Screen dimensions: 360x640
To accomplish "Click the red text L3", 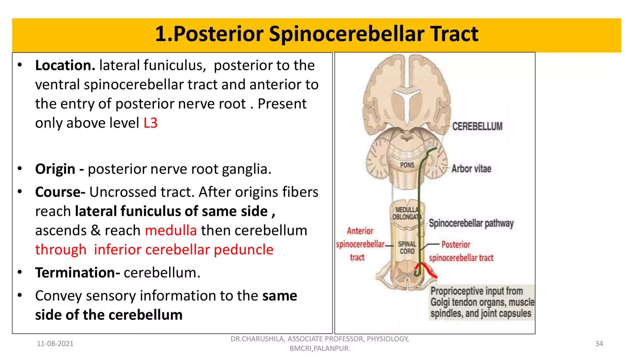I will click(x=150, y=123).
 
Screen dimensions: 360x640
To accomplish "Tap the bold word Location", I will click(x=65, y=65).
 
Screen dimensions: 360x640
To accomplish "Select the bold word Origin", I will click(x=55, y=169).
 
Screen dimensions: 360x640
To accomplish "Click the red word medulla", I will click(x=171, y=231).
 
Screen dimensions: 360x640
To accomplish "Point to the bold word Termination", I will click(x=77, y=272).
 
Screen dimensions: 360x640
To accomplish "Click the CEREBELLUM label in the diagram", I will click(x=477, y=126).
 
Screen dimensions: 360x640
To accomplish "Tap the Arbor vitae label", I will click(x=471, y=169).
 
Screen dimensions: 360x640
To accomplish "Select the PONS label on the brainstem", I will click(x=407, y=165).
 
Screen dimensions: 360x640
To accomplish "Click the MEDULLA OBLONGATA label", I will click(x=407, y=213).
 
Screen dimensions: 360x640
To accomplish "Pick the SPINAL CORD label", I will click(x=407, y=247).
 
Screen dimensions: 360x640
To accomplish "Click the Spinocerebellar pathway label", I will click(x=471, y=223).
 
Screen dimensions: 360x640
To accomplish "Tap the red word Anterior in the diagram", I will click(x=360, y=231).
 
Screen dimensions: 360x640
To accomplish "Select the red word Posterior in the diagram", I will click(x=456, y=245).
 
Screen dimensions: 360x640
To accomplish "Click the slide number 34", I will click(x=599, y=344).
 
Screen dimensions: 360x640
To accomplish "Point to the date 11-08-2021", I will click(x=55, y=344).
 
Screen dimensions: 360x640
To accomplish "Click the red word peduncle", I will click(x=243, y=250).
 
